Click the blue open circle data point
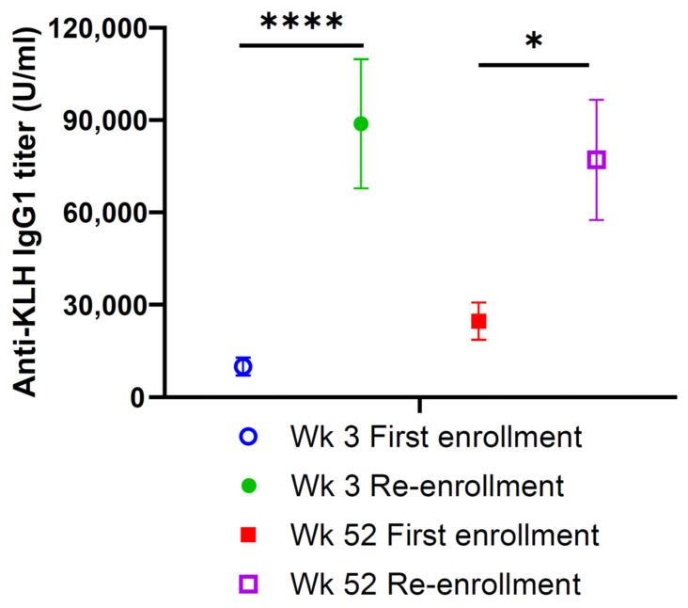click(x=243, y=366)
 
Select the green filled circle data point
click(x=361, y=123)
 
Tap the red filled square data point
click(x=478, y=321)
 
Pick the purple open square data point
click(x=597, y=160)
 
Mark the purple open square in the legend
click(x=249, y=584)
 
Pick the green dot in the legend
click(x=249, y=487)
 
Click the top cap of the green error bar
click(x=361, y=59)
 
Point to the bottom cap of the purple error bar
click(x=597, y=219)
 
